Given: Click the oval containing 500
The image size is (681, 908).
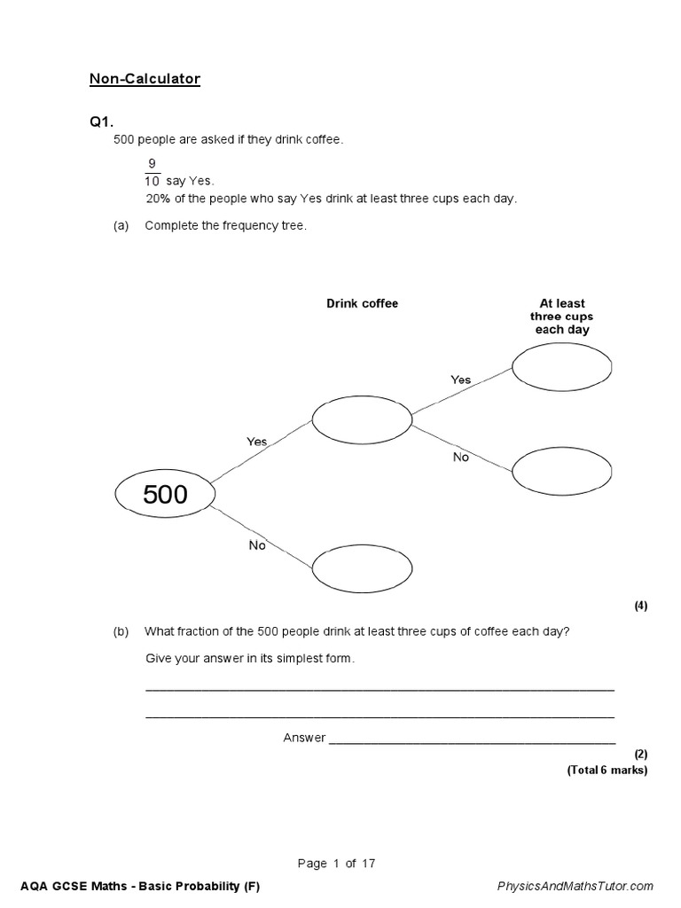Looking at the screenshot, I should (166, 494).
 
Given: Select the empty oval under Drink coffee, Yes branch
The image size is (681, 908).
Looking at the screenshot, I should (361, 421).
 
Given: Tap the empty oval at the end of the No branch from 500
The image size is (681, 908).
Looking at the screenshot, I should (361, 561).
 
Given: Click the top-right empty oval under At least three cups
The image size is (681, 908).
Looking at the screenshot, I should (561, 366).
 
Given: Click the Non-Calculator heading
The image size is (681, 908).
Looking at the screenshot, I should (145, 80).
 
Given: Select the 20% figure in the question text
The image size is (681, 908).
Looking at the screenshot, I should (157, 199).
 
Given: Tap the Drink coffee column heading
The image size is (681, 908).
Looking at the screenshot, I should (362, 304).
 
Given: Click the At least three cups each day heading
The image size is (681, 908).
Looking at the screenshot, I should (561, 317).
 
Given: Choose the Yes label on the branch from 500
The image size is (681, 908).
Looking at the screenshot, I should (256, 442).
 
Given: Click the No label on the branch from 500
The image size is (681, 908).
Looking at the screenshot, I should (257, 545).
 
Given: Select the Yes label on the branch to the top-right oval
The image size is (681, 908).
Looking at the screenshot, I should (460, 380).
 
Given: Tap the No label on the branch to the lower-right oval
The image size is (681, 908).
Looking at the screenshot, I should (460, 458).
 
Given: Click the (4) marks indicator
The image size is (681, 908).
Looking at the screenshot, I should (640, 607).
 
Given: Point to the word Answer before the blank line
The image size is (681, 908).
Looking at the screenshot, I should (304, 738).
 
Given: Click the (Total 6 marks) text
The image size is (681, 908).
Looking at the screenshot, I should (607, 770).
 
